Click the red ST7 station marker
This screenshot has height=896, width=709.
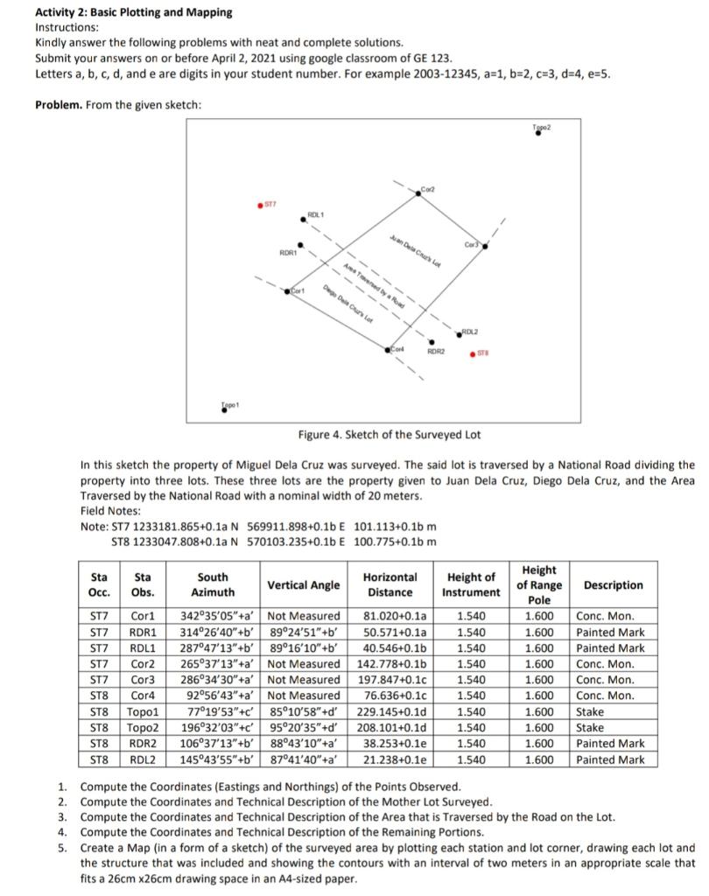coord(259,206)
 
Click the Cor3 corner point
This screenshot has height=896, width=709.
coord(487,248)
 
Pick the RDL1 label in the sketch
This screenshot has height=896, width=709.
coord(316,213)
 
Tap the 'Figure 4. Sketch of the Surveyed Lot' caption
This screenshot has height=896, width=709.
coord(390,435)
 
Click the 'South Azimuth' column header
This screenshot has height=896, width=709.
coord(213,584)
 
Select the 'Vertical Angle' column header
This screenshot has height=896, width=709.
coord(304,584)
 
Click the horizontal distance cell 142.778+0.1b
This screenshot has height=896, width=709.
coord(390,664)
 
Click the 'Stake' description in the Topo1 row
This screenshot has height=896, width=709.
coord(590,712)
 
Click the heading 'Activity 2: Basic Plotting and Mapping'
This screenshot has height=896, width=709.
coord(134,12)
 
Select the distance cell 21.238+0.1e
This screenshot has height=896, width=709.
coord(390,759)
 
